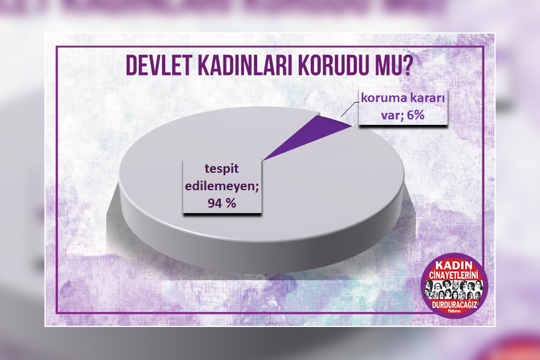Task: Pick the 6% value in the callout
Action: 415,115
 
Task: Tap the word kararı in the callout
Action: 428,98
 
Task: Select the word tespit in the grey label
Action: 221,169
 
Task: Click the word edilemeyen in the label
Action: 221,186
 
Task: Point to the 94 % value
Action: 221,203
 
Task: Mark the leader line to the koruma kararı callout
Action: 349,109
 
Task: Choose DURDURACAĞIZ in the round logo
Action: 455,305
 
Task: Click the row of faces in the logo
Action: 454,290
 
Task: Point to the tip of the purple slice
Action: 262,161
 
